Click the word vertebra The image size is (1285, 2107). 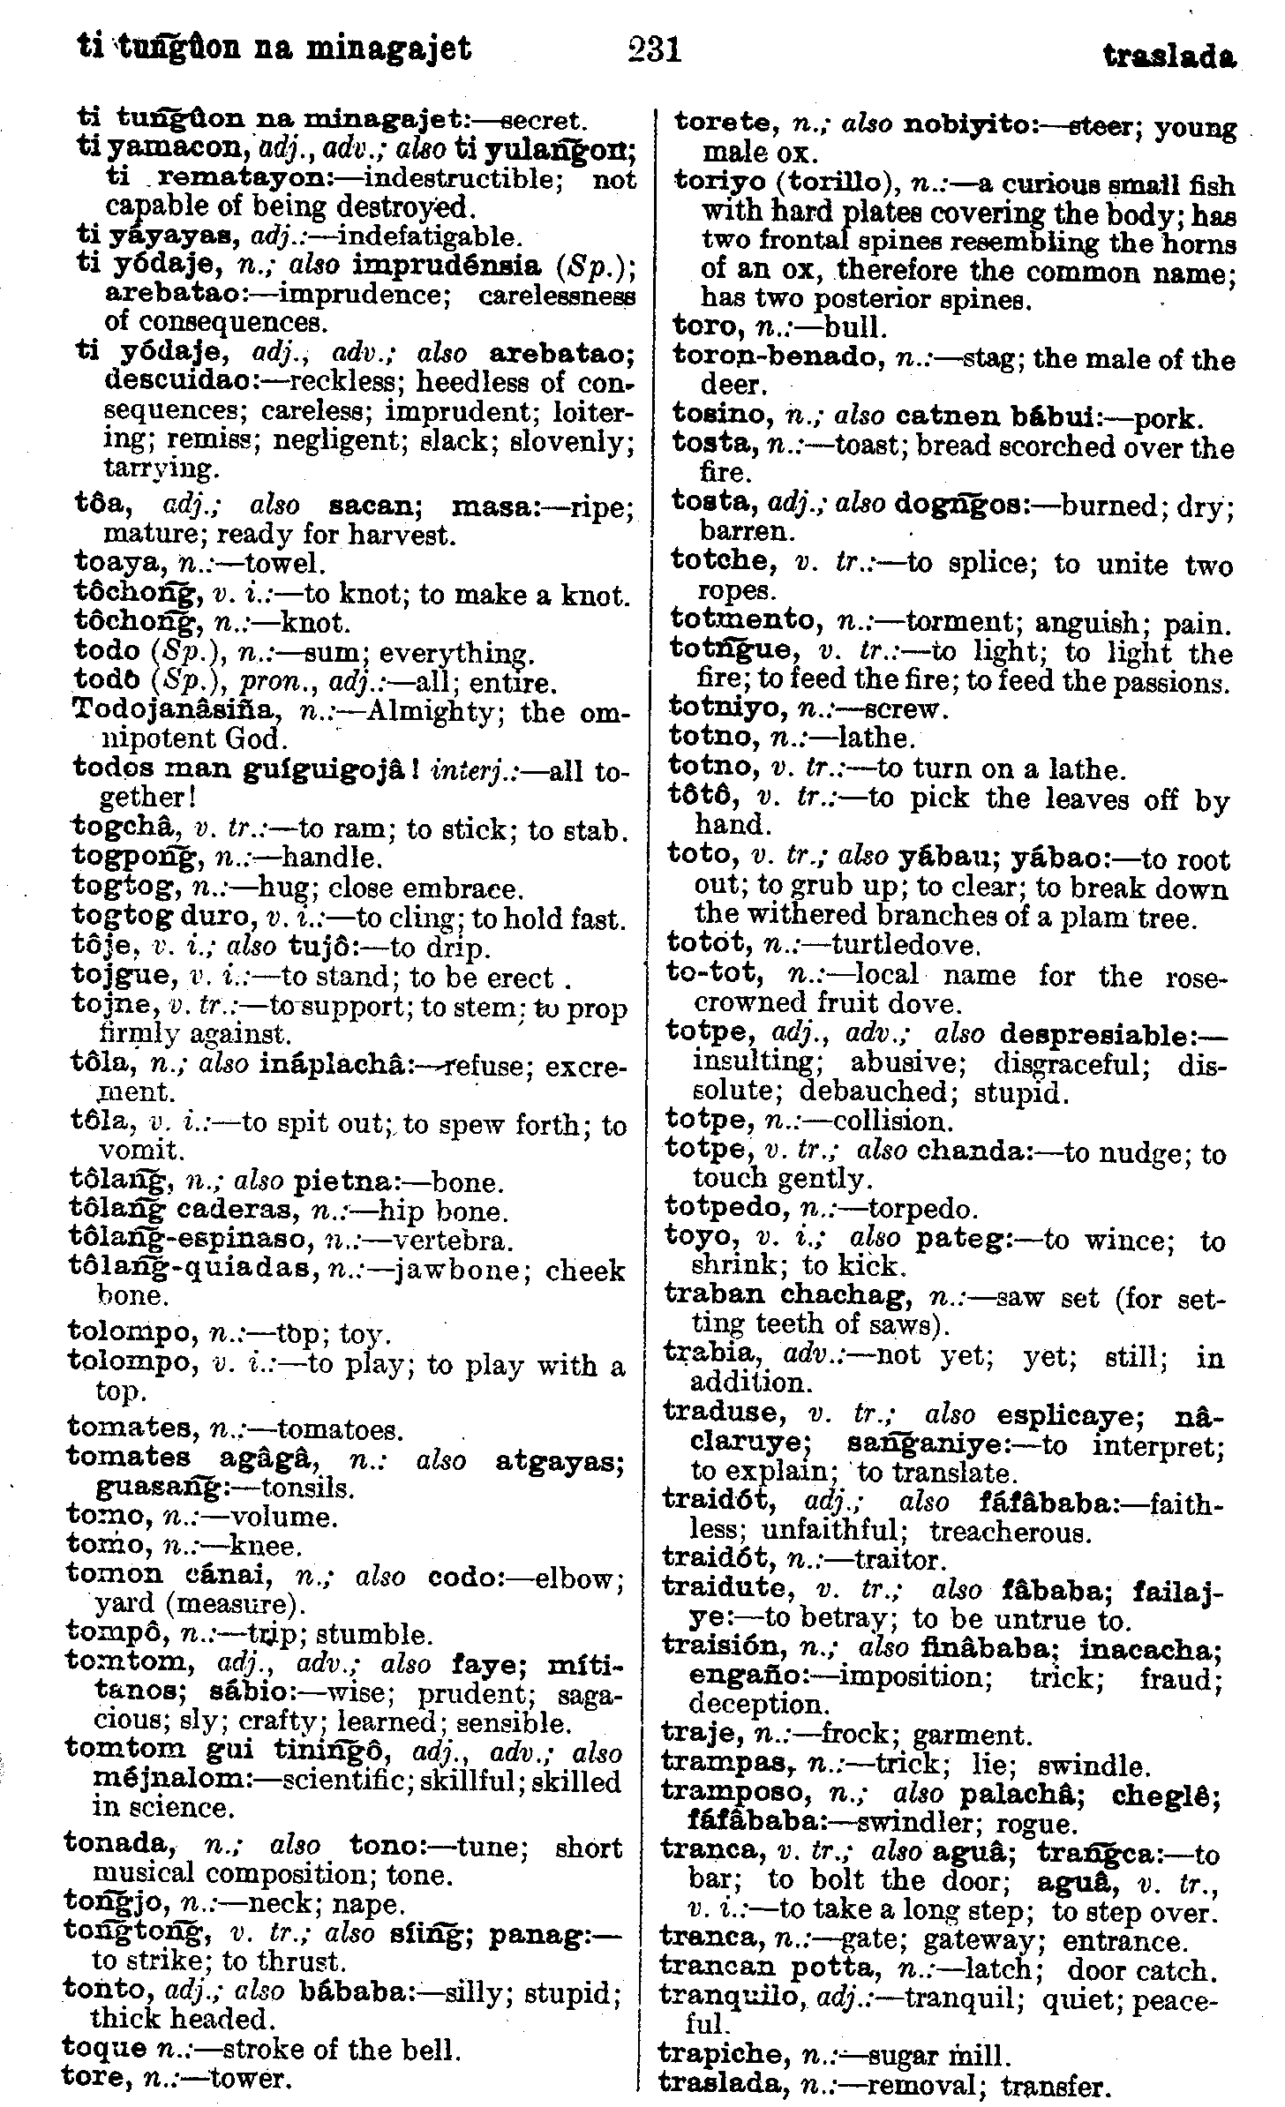coord(453,1241)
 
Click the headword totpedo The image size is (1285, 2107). coord(725,1208)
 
